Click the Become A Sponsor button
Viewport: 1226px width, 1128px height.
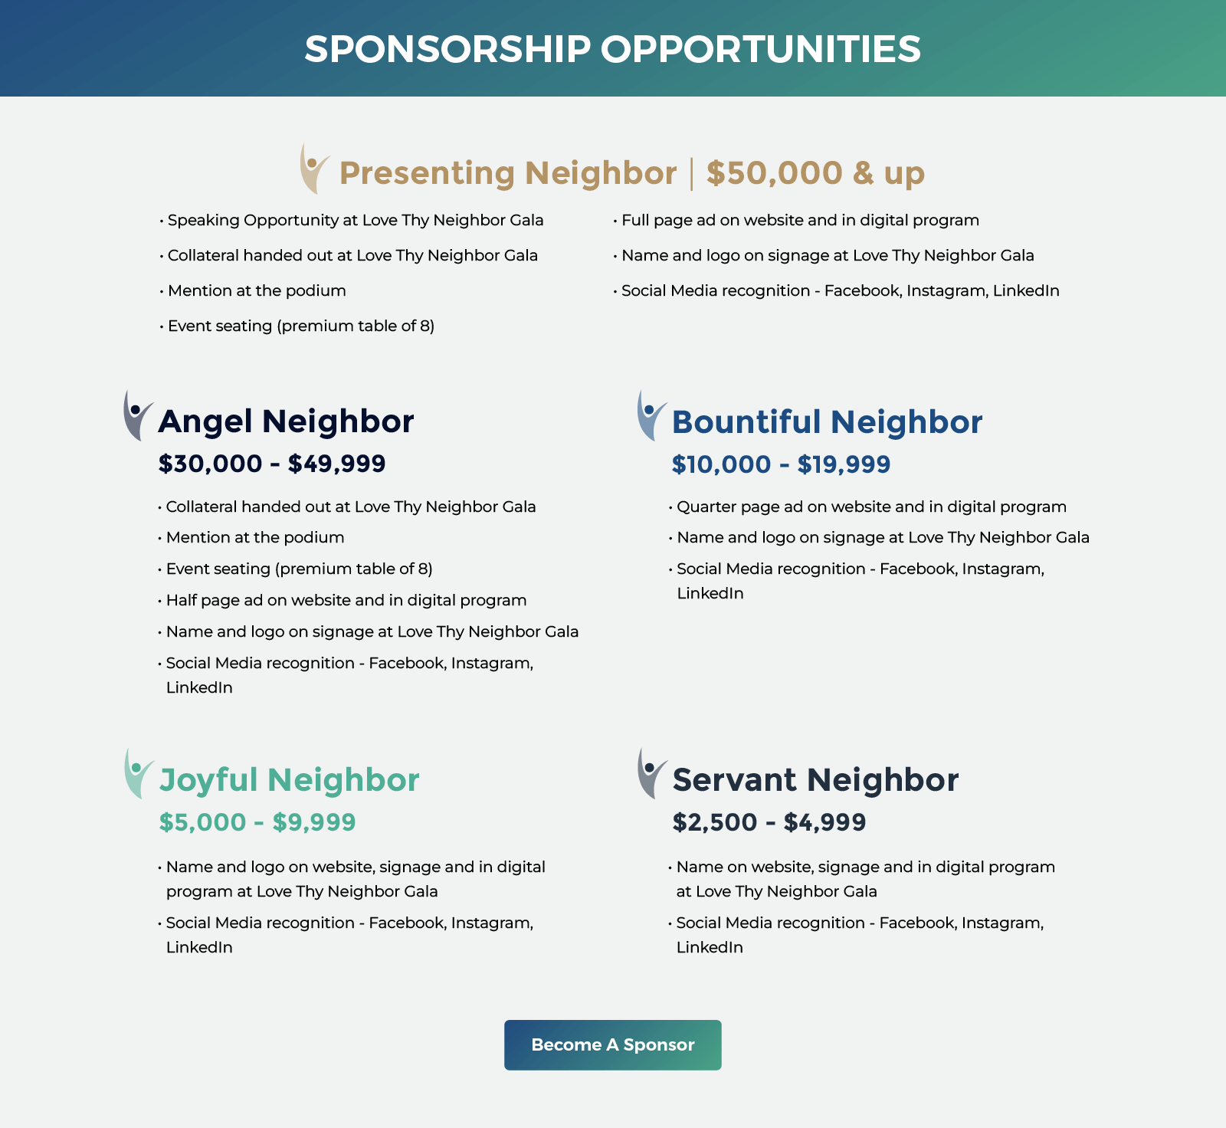pyautogui.click(x=612, y=1044)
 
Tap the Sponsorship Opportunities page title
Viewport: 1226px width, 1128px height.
pyautogui.click(x=612, y=49)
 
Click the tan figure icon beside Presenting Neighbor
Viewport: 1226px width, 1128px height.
pyautogui.click(x=313, y=169)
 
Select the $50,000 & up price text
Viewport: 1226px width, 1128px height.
pyautogui.click(x=815, y=173)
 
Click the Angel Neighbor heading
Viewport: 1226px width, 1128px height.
pyautogui.click(x=286, y=421)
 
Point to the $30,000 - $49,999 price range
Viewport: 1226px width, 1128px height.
pyautogui.click(x=272, y=464)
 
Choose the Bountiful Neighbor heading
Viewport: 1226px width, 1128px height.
pyautogui.click(x=827, y=422)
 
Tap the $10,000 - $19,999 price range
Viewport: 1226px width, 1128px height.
pyautogui.click(x=781, y=464)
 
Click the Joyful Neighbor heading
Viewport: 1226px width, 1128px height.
pyautogui.click(x=289, y=780)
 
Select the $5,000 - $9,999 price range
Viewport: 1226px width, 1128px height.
pyautogui.click(x=257, y=822)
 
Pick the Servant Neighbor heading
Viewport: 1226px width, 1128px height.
pyautogui.click(x=815, y=780)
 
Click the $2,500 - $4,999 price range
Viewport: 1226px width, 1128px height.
pyautogui.click(x=769, y=822)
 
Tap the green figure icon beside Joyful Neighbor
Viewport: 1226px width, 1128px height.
pyautogui.click(x=137, y=774)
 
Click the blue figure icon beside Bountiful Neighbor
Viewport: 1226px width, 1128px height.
pyautogui.click(x=651, y=416)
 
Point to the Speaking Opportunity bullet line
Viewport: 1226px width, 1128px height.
pyautogui.click(x=356, y=221)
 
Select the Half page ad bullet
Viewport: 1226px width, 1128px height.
pyautogui.click(x=346, y=600)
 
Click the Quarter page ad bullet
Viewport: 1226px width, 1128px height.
pyautogui.click(x=871, y=507)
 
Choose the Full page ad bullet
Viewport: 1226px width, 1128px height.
pyautogui.click(x=800, y=221)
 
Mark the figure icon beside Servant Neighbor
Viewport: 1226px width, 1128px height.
pyautogui.click(x=651, y=774)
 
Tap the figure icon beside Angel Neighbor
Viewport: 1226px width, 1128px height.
pyautogui.click(x=137, y=416)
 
